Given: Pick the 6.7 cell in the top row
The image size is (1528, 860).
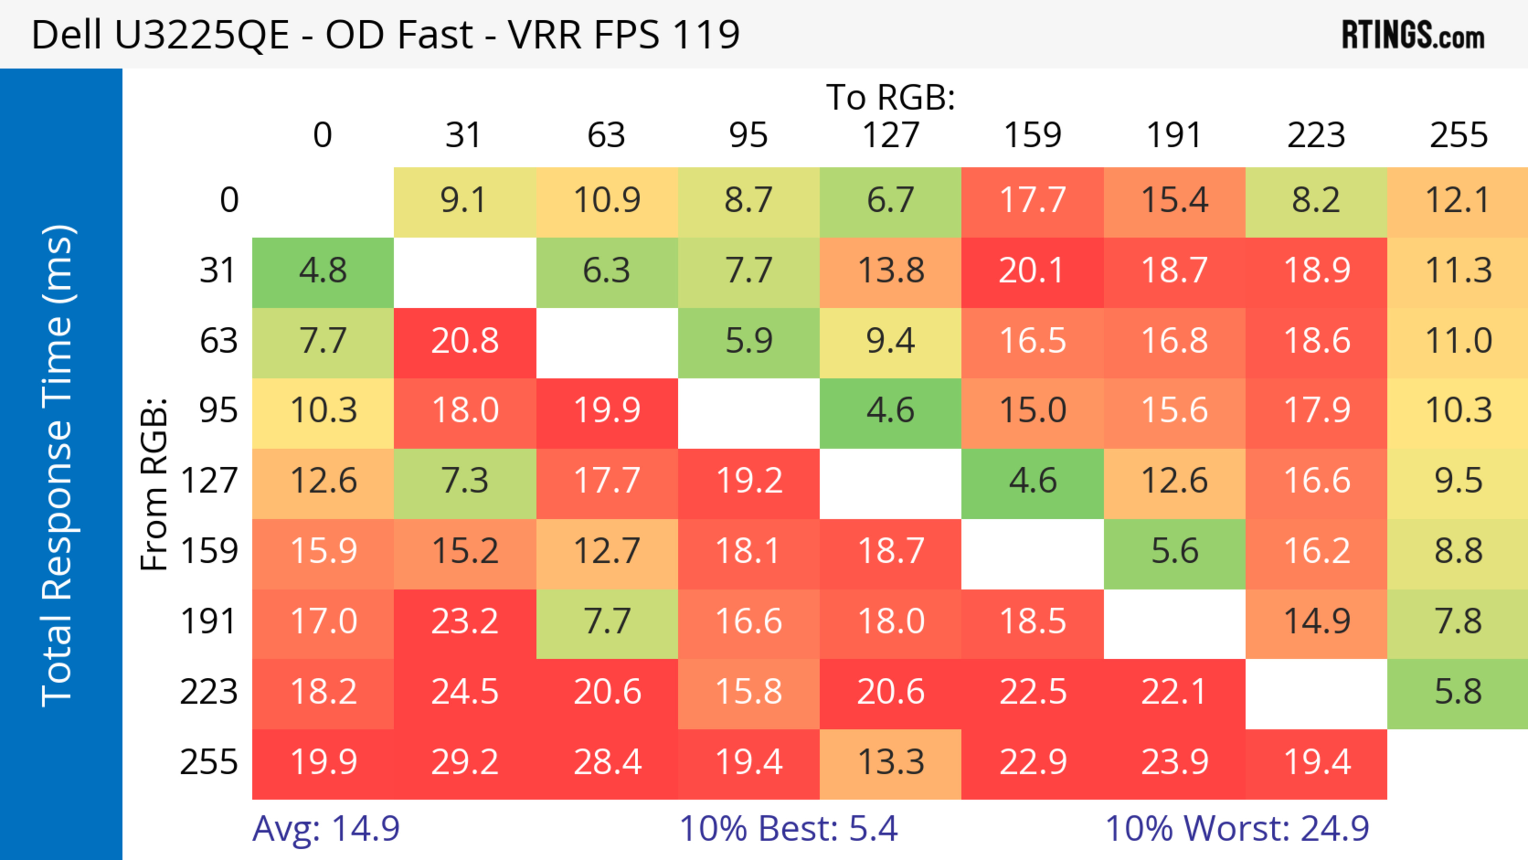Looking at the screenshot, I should pyautogui.click(x=891, y=201).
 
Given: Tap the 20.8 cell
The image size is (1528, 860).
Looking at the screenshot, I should pyautogui.click(x=464, y=341).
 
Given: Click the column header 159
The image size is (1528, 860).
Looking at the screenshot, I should pyautogui.click(x=1032, y=135).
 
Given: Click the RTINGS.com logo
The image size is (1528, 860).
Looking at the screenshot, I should pyautogui.click(x=1413, y=35).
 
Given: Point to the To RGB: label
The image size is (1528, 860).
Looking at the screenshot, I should pyautogui.click(x=891, y=98).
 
